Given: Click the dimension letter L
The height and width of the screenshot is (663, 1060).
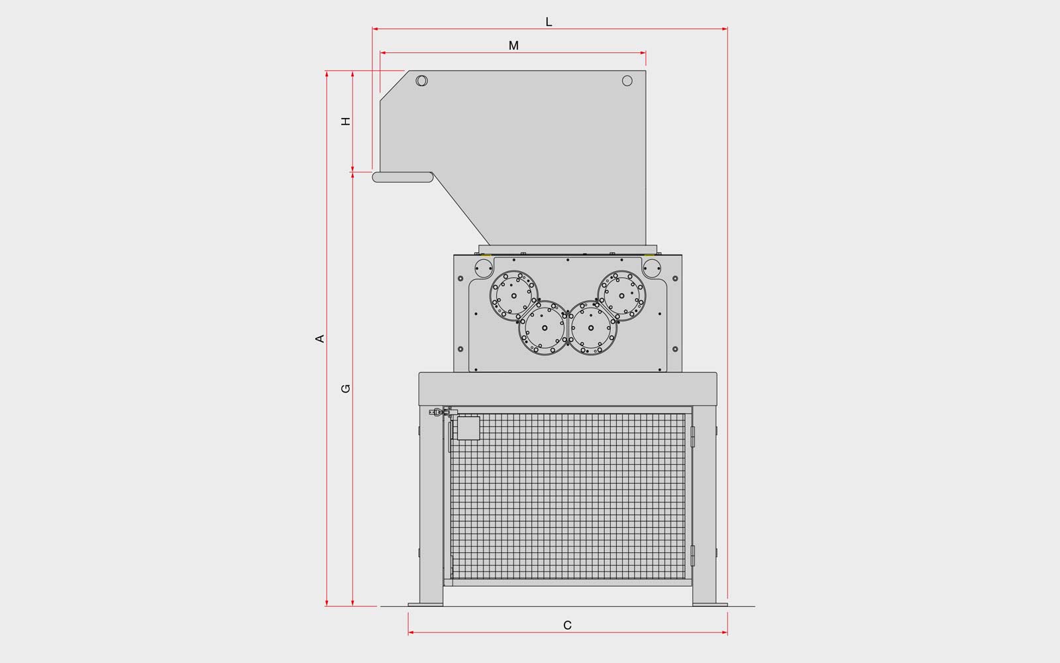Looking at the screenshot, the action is [549, 22].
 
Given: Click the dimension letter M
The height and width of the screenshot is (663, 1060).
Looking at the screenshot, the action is [513, 46].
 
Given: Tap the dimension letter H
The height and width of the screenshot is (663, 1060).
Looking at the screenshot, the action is [346, 121].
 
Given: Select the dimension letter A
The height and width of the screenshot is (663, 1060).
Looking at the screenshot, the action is [320, 339].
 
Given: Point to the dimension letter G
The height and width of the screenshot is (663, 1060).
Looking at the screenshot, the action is [346, 389].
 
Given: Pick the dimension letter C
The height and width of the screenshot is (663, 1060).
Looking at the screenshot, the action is [567, 626].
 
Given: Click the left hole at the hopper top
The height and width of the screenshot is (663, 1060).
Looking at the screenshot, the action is [421, 80].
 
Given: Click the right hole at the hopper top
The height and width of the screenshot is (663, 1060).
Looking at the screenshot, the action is [627, 81].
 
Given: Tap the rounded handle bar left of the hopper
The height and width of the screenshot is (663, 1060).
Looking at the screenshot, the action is [403, 177].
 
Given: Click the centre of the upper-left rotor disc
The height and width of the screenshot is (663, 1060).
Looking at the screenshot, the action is [514, 296].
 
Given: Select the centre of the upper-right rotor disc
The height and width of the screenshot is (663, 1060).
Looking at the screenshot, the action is [622, 296].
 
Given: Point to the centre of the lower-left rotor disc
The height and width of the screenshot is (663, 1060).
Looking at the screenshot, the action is [545, 328].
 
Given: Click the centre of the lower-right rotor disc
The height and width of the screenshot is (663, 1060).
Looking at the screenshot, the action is [591, 328].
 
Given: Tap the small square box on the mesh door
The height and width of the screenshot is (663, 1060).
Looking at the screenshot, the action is [468, 428].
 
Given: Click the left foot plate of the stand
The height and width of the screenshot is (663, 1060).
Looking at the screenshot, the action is [426, 604].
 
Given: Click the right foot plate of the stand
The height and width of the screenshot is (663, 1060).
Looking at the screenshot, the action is [710, 604].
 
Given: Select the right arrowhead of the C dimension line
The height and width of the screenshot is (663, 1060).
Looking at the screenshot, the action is [725, 633].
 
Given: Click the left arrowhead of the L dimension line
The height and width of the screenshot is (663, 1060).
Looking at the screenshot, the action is [375, 29].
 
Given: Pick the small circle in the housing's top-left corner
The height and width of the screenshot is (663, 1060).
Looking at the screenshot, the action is [484, 269].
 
